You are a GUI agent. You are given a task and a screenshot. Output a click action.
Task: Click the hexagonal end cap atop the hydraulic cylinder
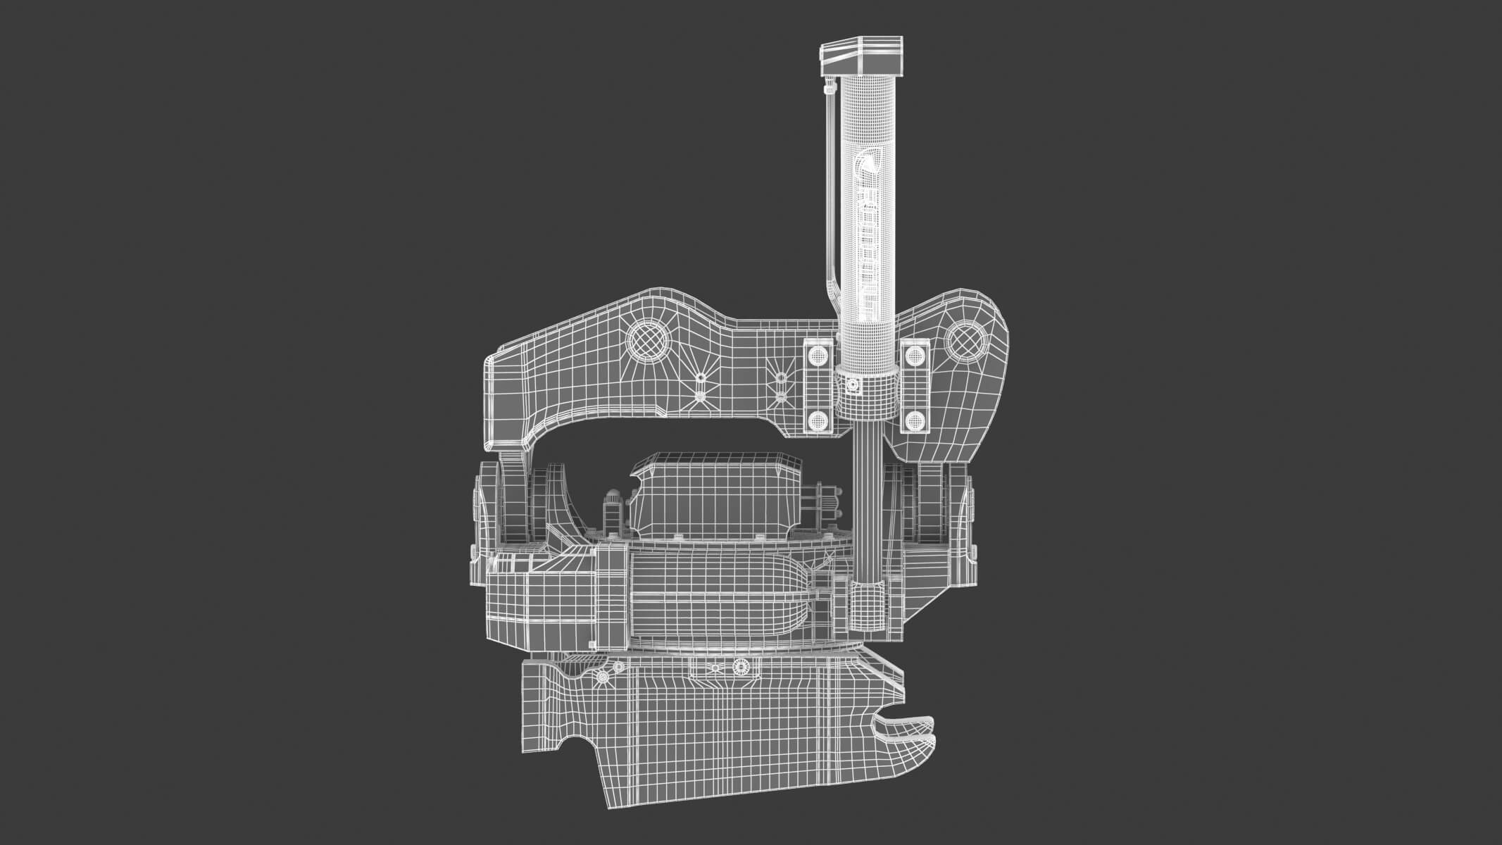861,56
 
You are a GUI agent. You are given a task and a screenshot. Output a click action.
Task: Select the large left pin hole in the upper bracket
649,342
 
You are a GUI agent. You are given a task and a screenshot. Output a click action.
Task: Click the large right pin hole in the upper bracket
965,342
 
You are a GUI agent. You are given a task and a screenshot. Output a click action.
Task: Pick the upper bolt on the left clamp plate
819,355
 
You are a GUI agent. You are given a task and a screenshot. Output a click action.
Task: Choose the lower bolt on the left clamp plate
818,420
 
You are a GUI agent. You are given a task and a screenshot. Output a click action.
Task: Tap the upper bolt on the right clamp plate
915,355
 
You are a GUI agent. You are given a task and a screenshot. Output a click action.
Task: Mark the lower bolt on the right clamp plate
913,420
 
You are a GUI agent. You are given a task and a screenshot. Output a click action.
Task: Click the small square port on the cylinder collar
852,386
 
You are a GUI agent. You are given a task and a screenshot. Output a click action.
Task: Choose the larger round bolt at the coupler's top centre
739,665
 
